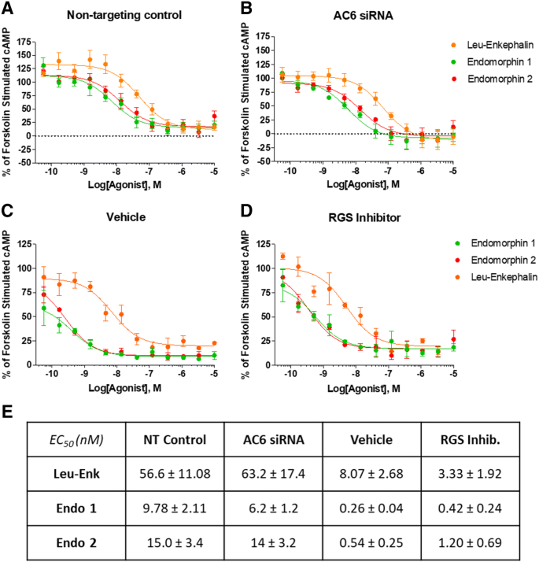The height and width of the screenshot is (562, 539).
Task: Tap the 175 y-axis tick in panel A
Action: pos(36,39)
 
